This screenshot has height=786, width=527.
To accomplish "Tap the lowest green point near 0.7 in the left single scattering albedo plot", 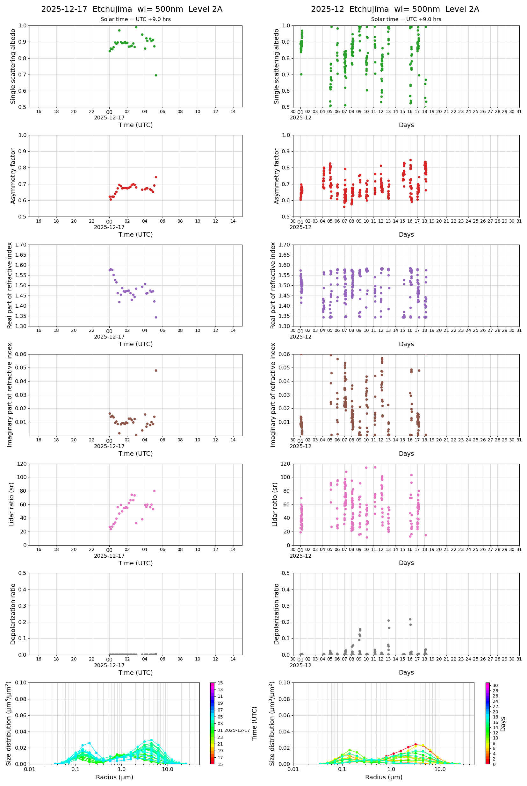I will click(x=155, y=75).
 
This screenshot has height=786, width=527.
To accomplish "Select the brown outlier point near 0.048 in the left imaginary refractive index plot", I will click(x=155, y=370).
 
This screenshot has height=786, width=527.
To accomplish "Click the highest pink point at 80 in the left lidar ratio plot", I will click(x=154, y=491).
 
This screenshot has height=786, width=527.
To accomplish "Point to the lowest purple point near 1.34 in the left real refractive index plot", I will click(x=155, y=317).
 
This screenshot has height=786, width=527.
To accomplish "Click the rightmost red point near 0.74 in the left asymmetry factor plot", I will click(x=155, y=177).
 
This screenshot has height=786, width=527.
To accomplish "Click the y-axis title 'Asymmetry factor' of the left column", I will click(x=13, y=176).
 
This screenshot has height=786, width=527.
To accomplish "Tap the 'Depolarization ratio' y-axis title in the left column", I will click(x=13, y=614).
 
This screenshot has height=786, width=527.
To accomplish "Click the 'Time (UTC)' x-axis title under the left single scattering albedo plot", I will click(x=135, y=125).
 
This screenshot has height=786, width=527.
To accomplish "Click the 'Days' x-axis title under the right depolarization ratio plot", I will click(x=406, y=673).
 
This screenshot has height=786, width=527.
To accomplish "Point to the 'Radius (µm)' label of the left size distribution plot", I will click(x=114, y=777).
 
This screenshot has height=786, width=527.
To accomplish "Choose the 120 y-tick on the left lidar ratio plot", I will click(x=22, y=464).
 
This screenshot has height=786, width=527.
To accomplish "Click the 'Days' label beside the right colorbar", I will click(x=503, y=724).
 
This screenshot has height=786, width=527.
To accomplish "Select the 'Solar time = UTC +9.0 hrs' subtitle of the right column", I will click(x=406, y=19).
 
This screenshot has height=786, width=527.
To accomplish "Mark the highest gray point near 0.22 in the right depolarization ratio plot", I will click(x=410, y=619).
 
